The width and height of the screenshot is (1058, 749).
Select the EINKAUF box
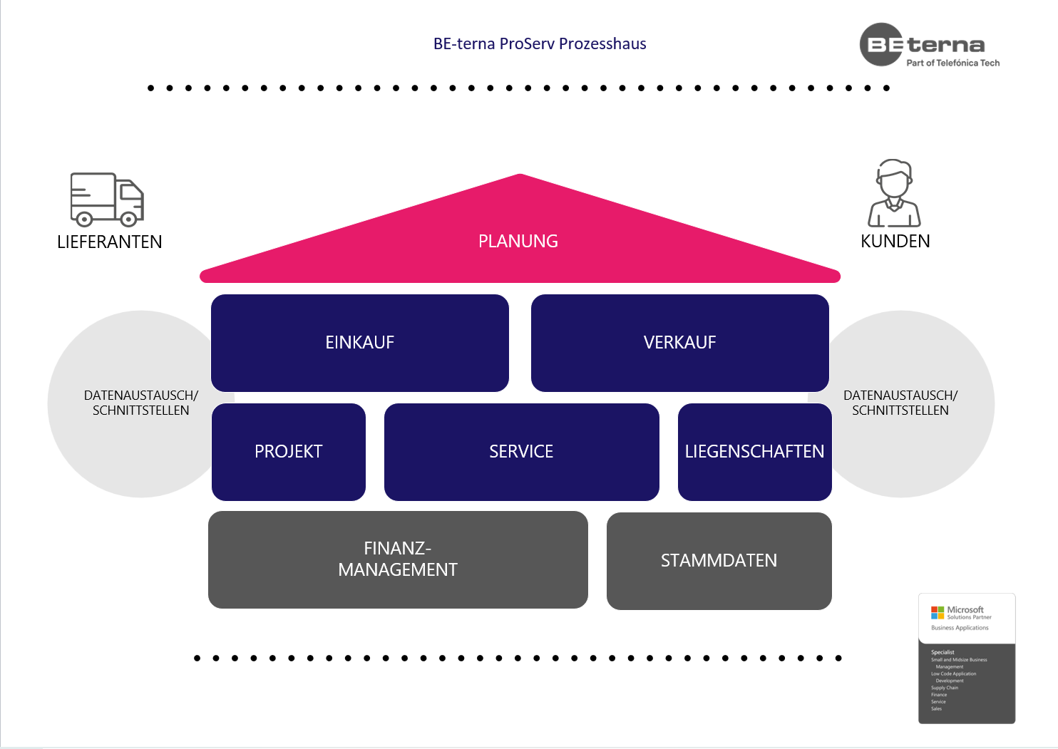click(x=359, y=343)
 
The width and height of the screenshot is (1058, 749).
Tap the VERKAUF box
click(x=679, y=343)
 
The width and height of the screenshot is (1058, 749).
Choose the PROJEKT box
click(x=288, y=452)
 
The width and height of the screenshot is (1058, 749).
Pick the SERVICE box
click(x=521, y=452)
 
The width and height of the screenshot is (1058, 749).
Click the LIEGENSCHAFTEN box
click(x=754, y=452)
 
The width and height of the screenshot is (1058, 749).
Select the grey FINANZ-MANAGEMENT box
click(x=398, y=559)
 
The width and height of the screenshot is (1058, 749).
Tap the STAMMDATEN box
click(x=719, y=561)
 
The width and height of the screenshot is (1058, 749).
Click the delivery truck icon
click(x=107, y=199)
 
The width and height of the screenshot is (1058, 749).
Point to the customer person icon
click(x=894, y=193)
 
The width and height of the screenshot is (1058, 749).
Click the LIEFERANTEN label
click(x=110, y=242)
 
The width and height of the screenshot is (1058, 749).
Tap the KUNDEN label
click(x=895, y=242)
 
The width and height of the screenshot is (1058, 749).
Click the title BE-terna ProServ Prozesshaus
click(x=540, y=44)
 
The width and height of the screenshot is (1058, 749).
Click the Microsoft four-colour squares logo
click(x=937, y=613)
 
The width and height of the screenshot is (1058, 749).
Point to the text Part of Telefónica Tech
click(x=952, y=63)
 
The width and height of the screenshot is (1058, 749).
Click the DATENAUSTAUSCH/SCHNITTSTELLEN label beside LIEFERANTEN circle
click(x=141, y=403)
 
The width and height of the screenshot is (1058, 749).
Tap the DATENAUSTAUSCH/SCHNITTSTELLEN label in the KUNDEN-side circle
click(x=900, y=403)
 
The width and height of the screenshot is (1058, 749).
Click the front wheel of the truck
click(x=129, y=219)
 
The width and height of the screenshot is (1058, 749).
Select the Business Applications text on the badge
click(x=960, y=628)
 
